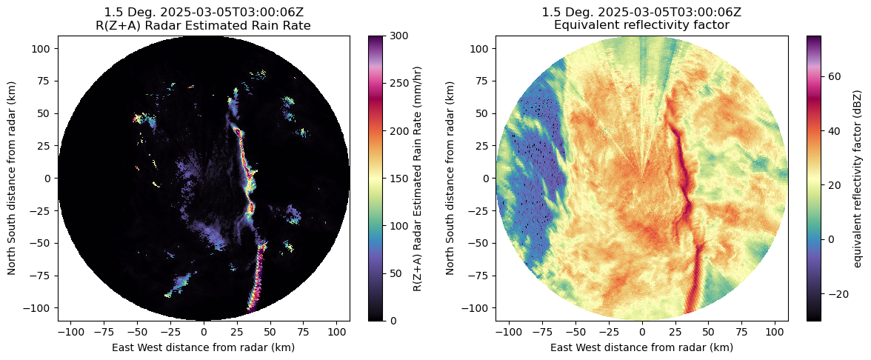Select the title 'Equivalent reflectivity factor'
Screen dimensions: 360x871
coord(641,25)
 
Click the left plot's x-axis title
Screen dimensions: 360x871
coord(204,347)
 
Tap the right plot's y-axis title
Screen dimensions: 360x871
coord(450,178)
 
